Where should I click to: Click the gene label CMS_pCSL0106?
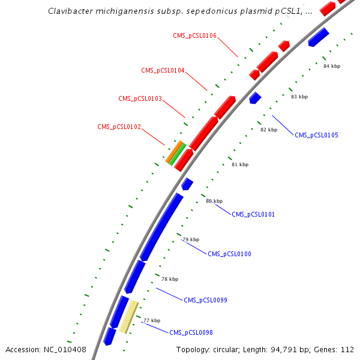[x=195, y=35]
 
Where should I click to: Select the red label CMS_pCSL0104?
[x=163, y=70]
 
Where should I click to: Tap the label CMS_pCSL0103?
[x=140, y=98]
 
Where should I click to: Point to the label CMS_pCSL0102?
[x=119, y=127]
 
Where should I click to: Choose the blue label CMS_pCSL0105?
[x=316, y=135]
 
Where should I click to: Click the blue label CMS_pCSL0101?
[x=253, y=214]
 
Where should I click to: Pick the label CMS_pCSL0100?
[x=229, y=254]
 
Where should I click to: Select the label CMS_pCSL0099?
[x=205, y=300]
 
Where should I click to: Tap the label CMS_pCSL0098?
[x=191, y=332]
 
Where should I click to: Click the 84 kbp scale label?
[x=331, y=66]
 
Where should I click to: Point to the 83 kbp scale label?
[x=299, y=97]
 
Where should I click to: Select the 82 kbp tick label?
[x=268, y=130]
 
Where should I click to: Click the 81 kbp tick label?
[x=239, y=164]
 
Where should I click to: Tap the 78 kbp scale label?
[x=170, y=279]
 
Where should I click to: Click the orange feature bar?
[x=174, y=152]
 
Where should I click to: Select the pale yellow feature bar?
[x=128, y=317]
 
